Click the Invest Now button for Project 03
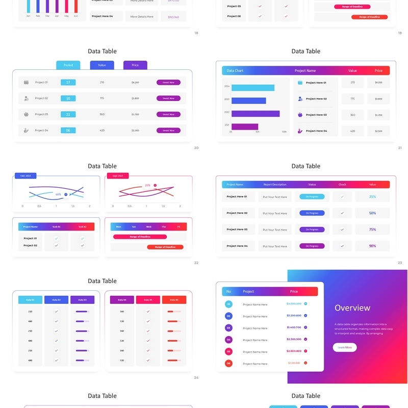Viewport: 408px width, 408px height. (168, 114)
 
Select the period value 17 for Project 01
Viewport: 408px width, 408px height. (68, 82)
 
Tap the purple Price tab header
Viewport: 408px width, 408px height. (135, 65)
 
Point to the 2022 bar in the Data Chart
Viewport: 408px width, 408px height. (256, 114)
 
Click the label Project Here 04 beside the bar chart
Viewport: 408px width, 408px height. (316, 131)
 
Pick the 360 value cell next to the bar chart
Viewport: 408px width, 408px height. (352, 115)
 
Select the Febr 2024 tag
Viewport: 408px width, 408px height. (25, 176)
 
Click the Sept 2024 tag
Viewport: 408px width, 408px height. (117, 176)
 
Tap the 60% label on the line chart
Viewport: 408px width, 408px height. (59, 194)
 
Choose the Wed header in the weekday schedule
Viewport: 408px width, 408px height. (148, 226)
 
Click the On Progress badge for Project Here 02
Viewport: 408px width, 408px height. (312, 213)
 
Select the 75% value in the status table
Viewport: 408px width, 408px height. (372, 229)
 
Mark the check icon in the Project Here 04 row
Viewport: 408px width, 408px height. (342, 246)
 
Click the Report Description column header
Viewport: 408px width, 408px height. (275, 185)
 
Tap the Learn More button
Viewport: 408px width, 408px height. (345, 347)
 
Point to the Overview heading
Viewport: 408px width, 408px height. (352, 308)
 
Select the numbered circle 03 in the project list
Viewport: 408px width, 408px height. (228, 328)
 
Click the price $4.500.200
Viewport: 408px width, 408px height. (294, 304)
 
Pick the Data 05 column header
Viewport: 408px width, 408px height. (148, 300)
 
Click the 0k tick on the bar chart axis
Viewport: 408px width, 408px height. (231, 132)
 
